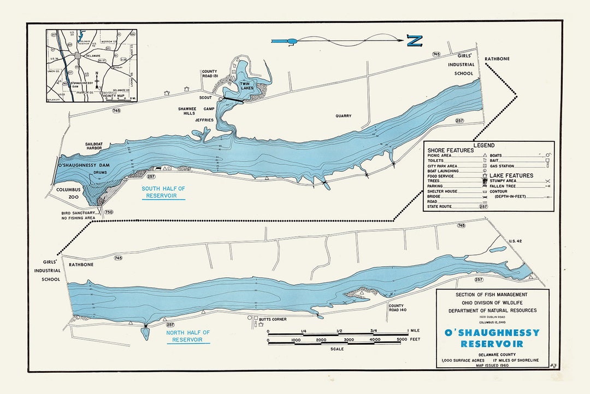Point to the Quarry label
pos(344,116)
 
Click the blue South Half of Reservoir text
pos(163,192)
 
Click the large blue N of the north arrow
pos(415,40)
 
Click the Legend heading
pos(483,146)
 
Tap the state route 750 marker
pos(109,212)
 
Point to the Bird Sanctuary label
pos(82,215)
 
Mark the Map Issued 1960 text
pos(492,365)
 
